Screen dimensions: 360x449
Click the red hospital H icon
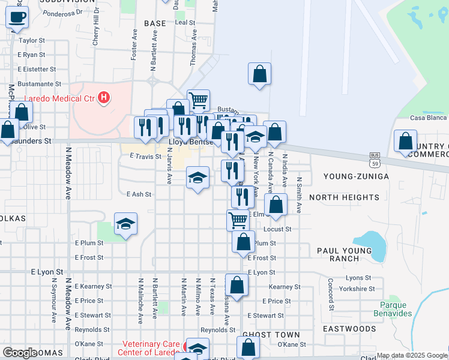click(x=104, y=97)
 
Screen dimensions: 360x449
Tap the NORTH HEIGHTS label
click(x=344, y=197)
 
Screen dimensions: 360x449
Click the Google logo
click(x=19, y=353)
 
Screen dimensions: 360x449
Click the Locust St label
click(x=277, y=229)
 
